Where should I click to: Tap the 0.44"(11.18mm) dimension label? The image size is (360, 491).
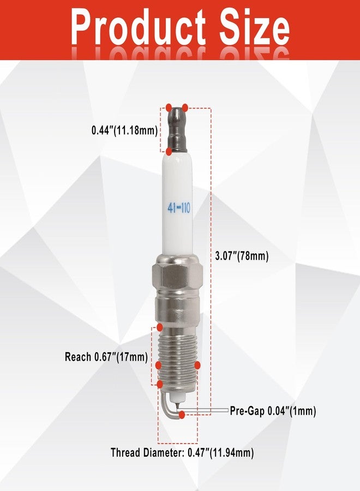(x=124, y=130)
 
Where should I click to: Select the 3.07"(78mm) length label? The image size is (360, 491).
(x=241, y=255)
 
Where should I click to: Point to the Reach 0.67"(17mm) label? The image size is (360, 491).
(x=106, y=357)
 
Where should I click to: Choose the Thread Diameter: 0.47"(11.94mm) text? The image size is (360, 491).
(x=182, y=452)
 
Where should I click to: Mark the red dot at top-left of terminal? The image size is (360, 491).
(x=169, y=106)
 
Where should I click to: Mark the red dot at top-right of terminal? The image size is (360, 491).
(x=186, y=106)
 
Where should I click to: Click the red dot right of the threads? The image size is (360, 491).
(x=197, y=364)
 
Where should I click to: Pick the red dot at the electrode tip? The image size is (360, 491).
(x=181, y=415)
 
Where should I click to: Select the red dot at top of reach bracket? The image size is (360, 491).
(x=159, y=327)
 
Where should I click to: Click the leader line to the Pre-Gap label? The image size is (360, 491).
(x=210, y=410)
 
